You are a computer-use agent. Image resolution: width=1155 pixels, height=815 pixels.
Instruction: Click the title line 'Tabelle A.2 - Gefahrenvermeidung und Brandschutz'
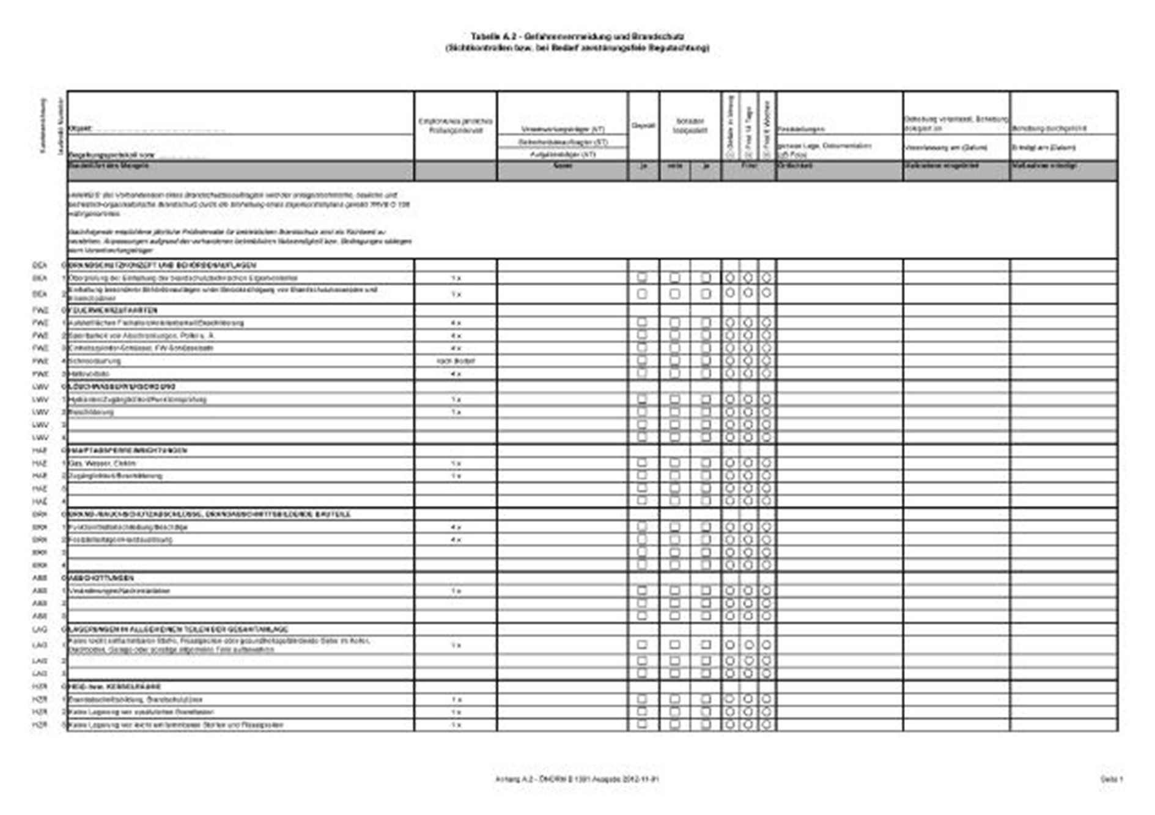[577, 37]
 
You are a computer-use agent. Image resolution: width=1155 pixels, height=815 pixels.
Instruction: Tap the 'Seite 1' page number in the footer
[1112, 779]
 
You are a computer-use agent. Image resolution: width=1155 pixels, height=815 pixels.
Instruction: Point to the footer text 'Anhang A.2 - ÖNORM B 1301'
[544, 779]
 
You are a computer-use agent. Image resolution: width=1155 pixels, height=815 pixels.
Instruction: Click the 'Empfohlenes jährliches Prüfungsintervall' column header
[456, 126]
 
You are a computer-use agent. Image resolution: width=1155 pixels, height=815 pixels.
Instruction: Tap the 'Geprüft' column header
[643, 125]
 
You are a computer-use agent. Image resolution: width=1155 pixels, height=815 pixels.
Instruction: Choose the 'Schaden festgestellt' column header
[690, 126]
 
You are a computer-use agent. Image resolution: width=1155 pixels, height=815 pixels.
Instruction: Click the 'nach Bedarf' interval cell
[456, 361]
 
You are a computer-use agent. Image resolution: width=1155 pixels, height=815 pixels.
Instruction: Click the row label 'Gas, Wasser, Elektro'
[102, 463]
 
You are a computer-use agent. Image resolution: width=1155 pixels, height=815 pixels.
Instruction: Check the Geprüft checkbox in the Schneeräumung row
[642, 360]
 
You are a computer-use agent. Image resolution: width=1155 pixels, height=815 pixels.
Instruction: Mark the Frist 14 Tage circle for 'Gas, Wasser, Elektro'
[748, 462]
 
